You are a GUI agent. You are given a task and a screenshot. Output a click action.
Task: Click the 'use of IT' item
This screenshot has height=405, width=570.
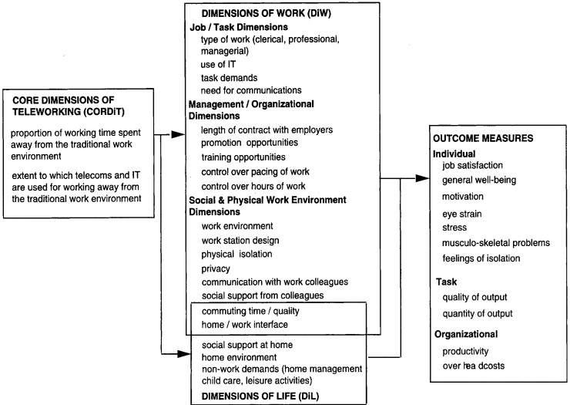(218, 64)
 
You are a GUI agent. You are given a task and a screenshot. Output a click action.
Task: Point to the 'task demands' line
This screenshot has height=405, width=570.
(229, 77)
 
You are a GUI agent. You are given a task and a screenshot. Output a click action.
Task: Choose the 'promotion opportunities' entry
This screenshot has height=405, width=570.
(249, 143)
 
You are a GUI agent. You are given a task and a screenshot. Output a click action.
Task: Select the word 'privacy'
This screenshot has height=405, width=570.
(216, 268)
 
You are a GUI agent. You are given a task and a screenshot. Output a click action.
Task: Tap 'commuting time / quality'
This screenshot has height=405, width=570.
(250, 310)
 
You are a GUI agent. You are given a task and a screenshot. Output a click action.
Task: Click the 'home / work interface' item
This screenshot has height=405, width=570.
(244, 325)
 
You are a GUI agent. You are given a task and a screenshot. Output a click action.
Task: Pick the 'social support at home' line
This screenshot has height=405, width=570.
(246, 343)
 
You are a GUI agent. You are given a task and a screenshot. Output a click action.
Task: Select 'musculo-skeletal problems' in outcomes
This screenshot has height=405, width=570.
(496, 242)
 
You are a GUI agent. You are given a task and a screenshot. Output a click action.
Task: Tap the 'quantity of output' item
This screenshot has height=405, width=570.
(478, 313)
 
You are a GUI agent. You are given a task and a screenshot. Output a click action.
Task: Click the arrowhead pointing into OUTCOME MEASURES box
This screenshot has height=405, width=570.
(423, 178)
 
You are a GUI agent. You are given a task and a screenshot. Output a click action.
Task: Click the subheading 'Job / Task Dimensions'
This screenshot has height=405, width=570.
(240, 26)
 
